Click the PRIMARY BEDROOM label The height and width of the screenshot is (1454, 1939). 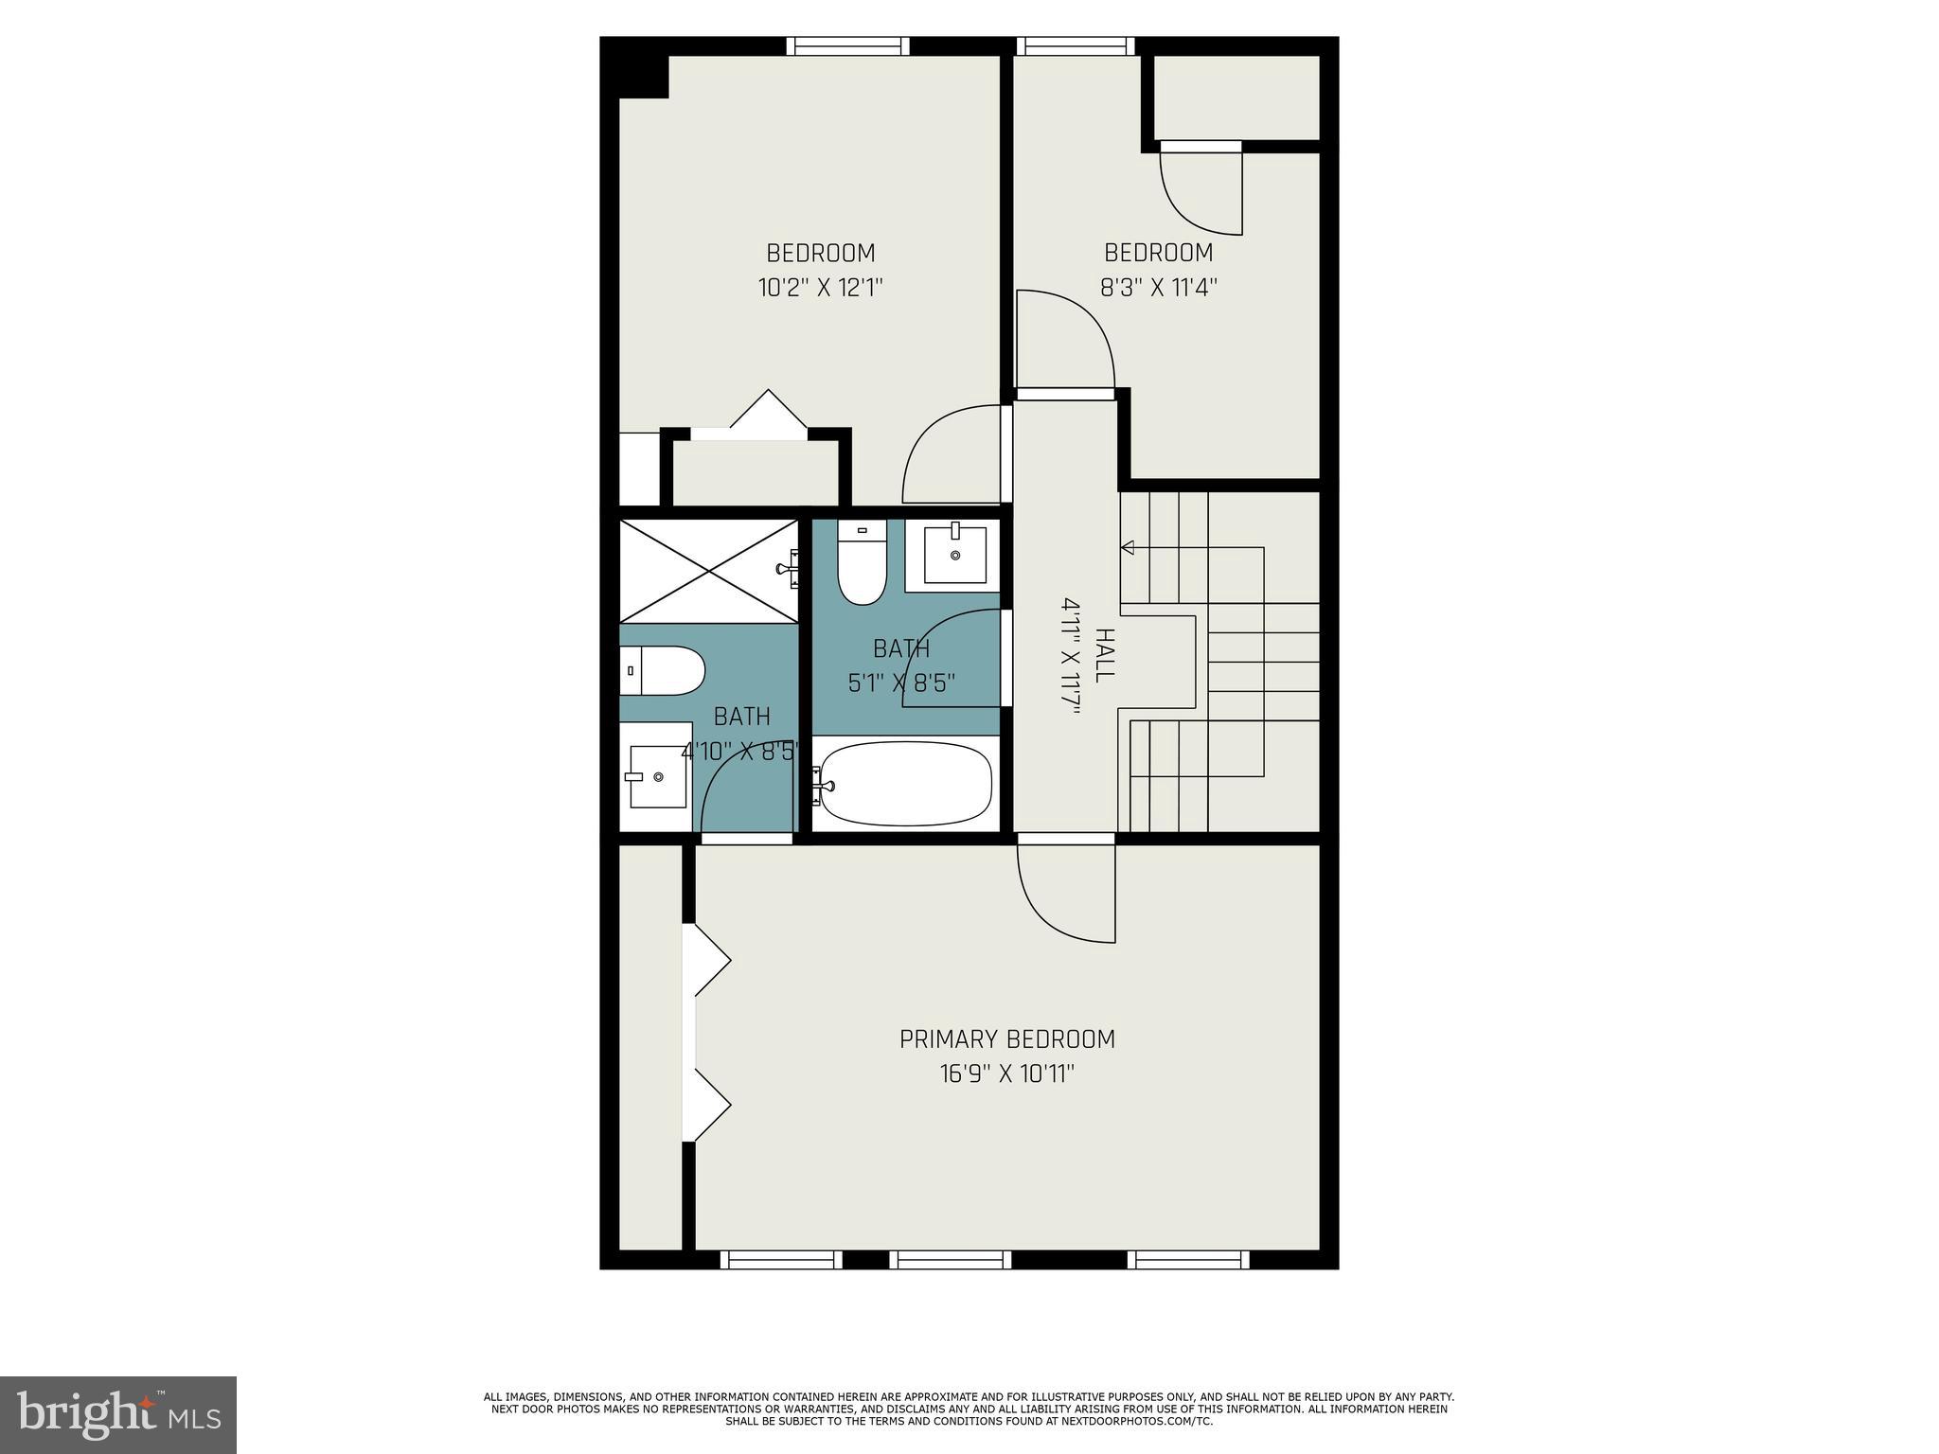tap(1006, 1038)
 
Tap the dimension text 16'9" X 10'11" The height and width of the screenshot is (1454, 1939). tap(1006, 1074)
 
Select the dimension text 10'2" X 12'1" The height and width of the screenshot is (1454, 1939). tap(820, 288)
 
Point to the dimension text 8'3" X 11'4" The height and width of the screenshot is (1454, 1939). tap(1158, 288)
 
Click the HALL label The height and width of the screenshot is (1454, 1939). tap(1104, 655)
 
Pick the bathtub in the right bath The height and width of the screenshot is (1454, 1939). tap(905, 784)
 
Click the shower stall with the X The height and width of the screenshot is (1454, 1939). tap(708, 571)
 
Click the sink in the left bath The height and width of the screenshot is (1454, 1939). tap(658, 776)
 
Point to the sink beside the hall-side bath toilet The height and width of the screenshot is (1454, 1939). tap(954, 555)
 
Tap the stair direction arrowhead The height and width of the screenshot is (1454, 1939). tap(1128, 547)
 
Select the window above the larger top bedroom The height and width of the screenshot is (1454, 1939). tap(847, 45)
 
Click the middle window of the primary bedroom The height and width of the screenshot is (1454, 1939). tap(950, 1259)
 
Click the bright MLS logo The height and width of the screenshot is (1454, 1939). tap(118, 1415)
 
